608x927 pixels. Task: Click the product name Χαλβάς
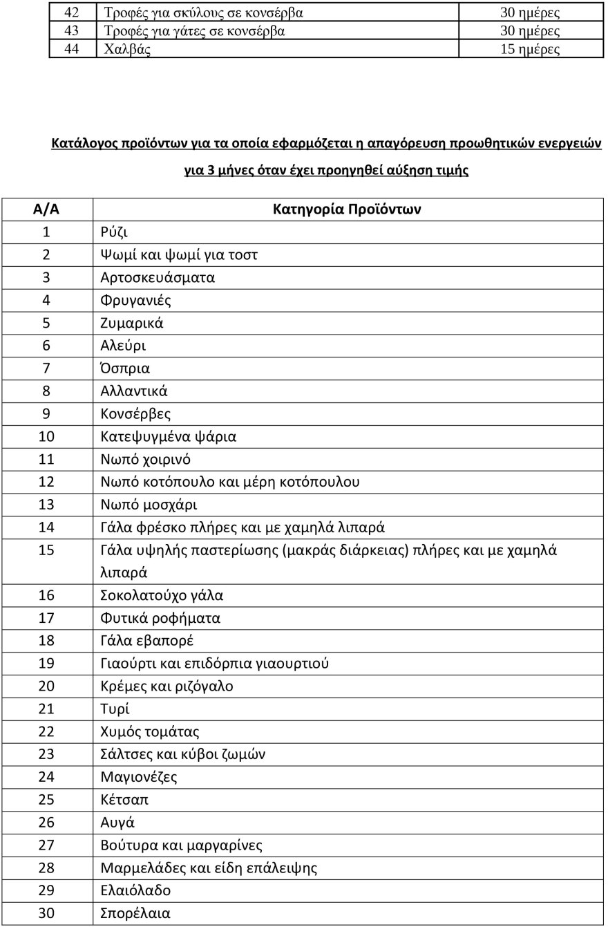(x=127, y=49)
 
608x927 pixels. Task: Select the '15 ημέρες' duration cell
(x=530, y=49)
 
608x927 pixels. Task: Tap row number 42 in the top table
(x=71, y=12)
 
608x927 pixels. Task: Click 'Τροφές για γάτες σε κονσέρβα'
(x=194, y=31)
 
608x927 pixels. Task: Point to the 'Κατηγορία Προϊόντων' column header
(x=347, y=209)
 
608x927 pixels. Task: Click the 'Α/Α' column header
(x=46, y=209)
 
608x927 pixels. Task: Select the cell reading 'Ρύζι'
(x=114, y=232)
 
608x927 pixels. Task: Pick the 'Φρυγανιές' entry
(x=136, y=300)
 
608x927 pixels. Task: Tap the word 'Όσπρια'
(x=125, y=368)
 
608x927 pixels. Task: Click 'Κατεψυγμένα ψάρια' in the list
(x=169, y=437)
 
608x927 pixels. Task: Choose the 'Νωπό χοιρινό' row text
(x=146, y=460)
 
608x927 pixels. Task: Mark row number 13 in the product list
(x=46, y=505)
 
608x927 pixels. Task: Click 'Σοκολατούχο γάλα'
(x=162, y=595)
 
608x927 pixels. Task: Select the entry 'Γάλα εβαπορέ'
(x=142, y=641)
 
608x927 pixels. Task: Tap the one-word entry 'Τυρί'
(x=115, y=709)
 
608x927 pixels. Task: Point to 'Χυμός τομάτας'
(x=150, y=731)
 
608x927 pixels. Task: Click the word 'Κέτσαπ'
(x=125, y=800)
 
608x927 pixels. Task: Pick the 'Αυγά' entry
(x=117, y=823)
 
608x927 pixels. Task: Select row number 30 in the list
(x=46, y=913)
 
